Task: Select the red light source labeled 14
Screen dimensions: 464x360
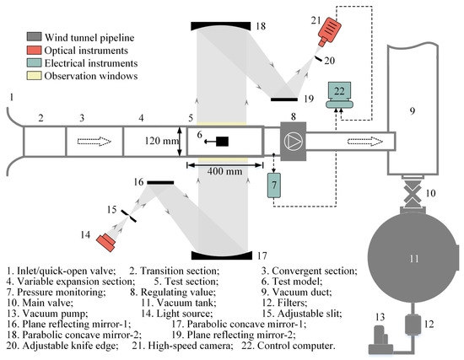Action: tap(106, 243)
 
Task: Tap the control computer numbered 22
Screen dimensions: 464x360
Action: tap(339, 95)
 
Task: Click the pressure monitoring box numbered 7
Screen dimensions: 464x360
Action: tap(274, 185)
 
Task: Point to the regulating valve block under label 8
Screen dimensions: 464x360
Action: tap(294, 142)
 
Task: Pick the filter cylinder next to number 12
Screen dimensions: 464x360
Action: tap(413, 325)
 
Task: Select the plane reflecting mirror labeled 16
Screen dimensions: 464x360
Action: tap(160, 183)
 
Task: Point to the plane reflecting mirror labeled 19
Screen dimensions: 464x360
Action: tap(284, 99)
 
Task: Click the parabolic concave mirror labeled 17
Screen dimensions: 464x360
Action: tap(222, 255)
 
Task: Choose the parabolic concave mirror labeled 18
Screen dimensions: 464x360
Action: tap(221, 25)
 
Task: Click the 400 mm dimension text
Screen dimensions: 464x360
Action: tap(224, 171)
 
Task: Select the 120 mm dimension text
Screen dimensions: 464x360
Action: tap(162, 141)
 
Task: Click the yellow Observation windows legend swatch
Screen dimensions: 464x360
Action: tap(34, 76)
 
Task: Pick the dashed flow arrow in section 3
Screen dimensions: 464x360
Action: tap(94, 142)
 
